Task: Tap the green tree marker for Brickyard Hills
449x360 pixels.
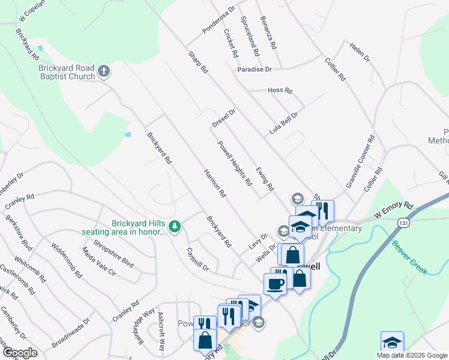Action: point(175,226)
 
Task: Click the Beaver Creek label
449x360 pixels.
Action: point(409,258)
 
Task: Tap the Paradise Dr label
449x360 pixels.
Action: point(255,70)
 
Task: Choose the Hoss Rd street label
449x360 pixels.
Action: point(280,91)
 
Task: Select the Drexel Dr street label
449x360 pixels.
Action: point(223,118)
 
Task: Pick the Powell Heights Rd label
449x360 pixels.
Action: point(234,163)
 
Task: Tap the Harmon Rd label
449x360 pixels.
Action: point(214,184)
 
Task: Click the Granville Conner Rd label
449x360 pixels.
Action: point(360,162)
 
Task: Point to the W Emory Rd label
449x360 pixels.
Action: point(394,209)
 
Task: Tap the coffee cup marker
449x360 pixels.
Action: point(276,284)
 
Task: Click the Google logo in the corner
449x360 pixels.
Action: point(19,353)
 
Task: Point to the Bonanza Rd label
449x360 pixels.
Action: point(268,32)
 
